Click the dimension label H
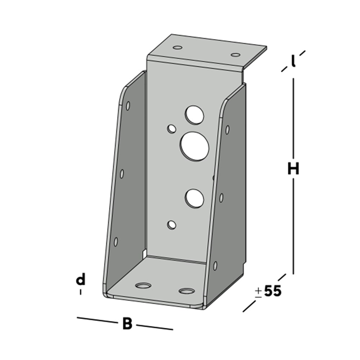tap(293, 169)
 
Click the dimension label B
tap(127, 323)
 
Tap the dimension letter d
tap(80, 280)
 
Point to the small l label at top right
tap(293, 61)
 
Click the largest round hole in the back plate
tap(195, 145)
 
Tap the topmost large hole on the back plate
tap(194, 115)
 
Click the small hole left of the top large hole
tap(172, 129)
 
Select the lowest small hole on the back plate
tap(171, 224)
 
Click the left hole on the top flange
tap(178, 48)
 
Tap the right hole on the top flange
tap(236, 54)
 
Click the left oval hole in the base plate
tap(143, 285)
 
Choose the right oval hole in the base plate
tap(186, 291)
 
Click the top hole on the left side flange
tap(128, 105)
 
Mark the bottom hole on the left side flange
tap(116, 241)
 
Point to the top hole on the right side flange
tap(227, 129)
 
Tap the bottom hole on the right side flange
tap(215, 265)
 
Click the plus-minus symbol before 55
tap(258, 292)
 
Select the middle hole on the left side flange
tap(122, 173)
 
